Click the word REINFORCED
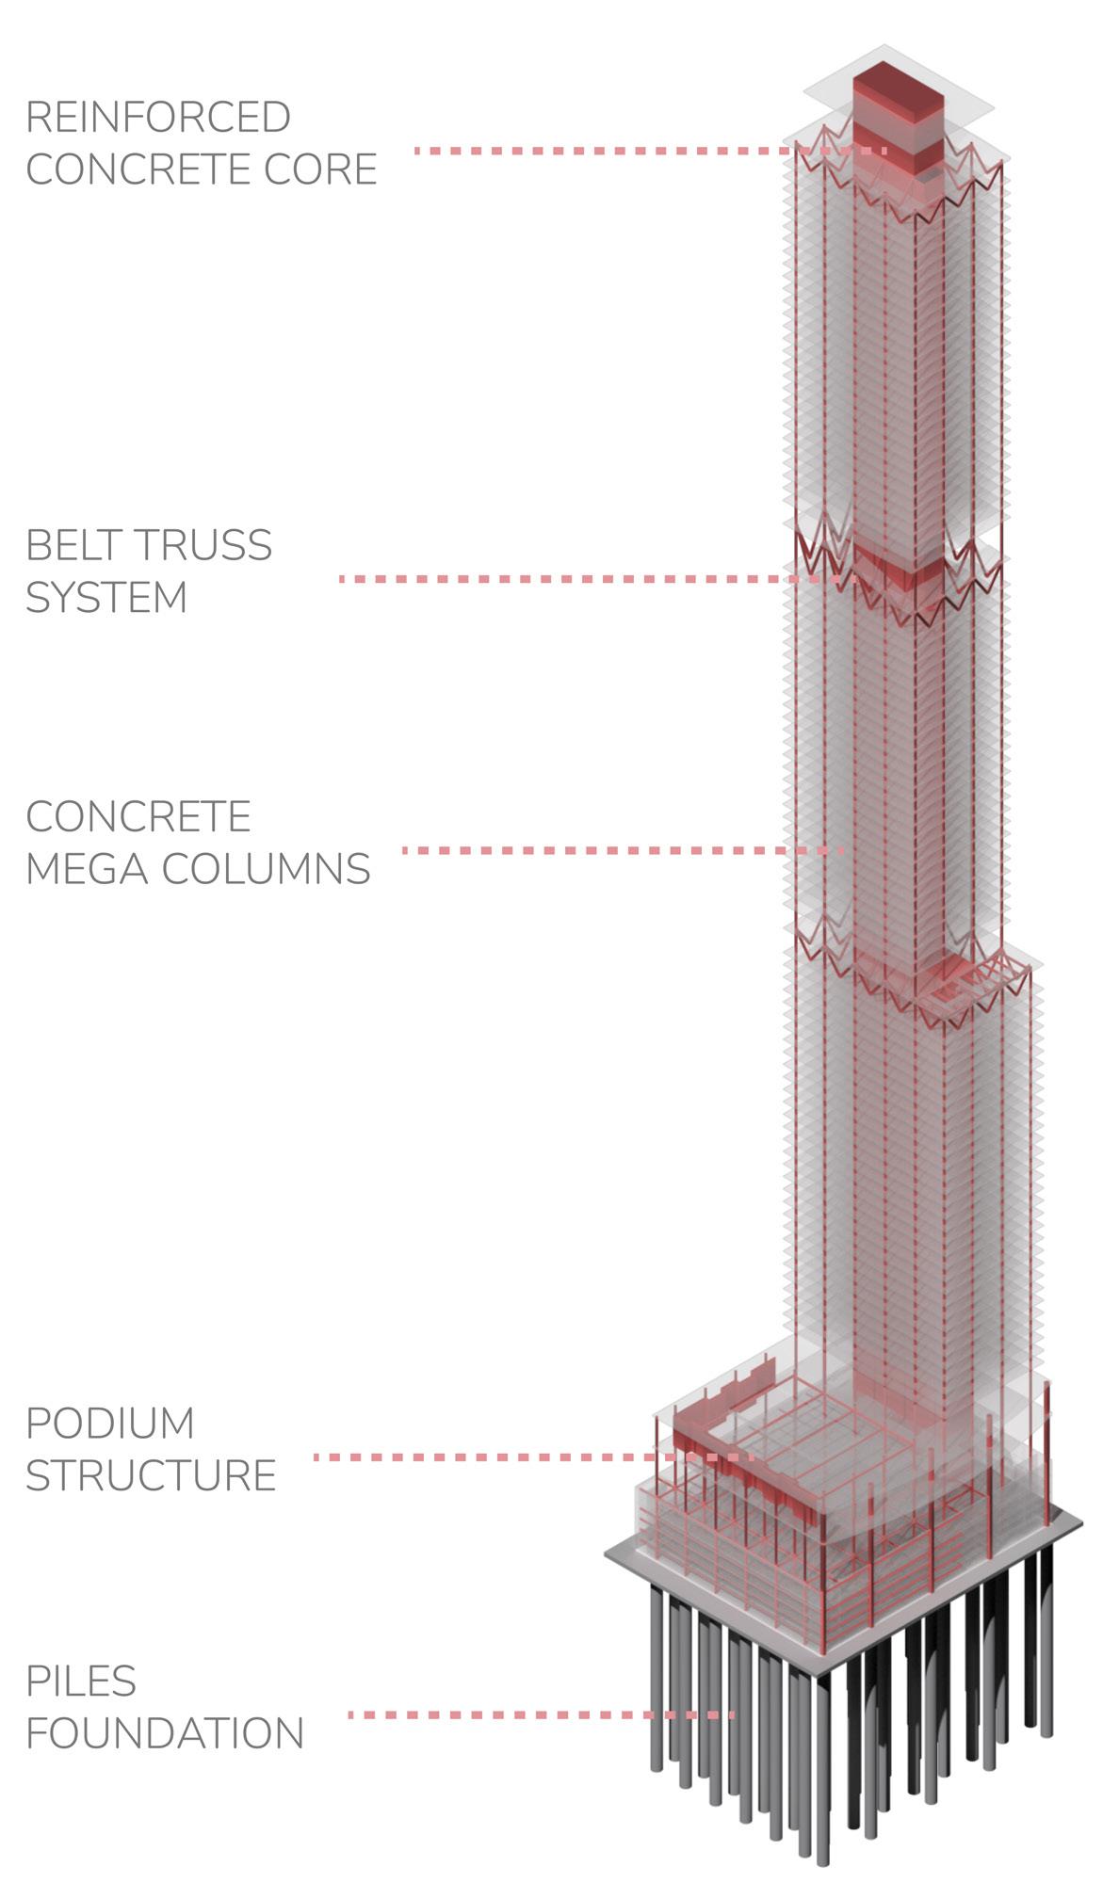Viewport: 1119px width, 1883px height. pos(157,118)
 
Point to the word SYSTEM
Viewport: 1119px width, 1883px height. pos(106,598)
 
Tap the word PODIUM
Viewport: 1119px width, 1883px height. pos(110,1424)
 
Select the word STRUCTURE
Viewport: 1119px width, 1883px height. pos(151,1475)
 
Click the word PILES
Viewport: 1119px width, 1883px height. pos(81,1682)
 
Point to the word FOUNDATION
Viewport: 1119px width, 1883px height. pos(165,1733)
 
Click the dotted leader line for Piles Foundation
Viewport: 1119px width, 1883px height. pos(537,1715)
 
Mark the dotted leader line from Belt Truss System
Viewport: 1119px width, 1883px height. pos(565,579)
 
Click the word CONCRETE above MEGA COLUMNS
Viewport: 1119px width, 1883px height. pos(138,817)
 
